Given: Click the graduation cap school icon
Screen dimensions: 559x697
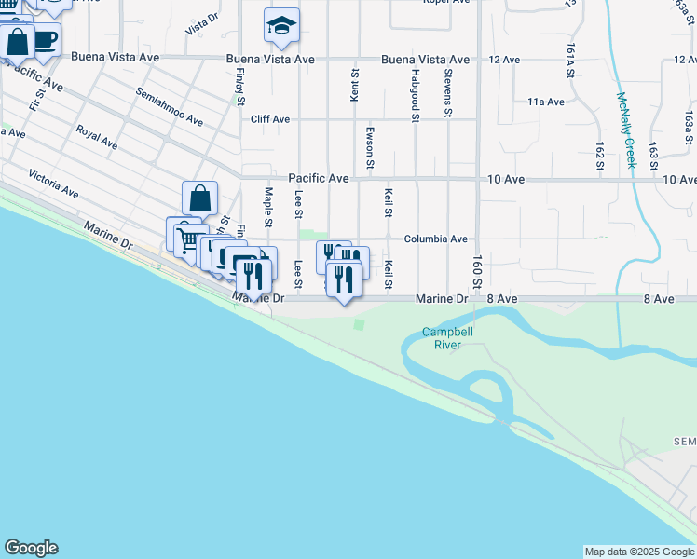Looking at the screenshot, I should point(280,26).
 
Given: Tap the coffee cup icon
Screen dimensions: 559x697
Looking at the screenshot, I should point(44,41).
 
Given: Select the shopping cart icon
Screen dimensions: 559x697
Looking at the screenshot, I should point(184,240).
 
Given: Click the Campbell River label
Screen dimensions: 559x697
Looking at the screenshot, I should point(447,337).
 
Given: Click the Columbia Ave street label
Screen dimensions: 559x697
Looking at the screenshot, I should point(435,239).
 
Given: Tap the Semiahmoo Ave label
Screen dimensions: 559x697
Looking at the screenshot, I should point(169,107).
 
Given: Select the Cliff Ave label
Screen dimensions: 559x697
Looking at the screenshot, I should point(270,119).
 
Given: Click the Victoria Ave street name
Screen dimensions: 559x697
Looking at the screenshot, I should point(53,184).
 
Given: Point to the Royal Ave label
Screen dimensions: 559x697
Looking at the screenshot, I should point(97,137).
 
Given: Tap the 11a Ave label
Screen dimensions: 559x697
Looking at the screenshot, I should point(546,102).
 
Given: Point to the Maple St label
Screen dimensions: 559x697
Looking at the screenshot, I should point(267,207).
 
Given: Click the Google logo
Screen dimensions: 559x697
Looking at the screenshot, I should point(31,548).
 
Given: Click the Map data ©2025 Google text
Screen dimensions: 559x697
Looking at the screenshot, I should point(638,552).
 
